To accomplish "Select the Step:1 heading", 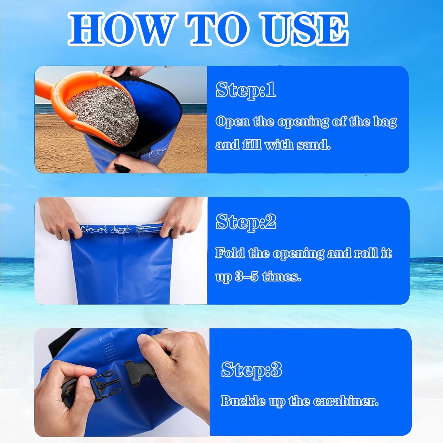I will point(246,89).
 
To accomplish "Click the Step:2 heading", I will point(246,221).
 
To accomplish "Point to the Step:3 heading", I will point(252,369).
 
